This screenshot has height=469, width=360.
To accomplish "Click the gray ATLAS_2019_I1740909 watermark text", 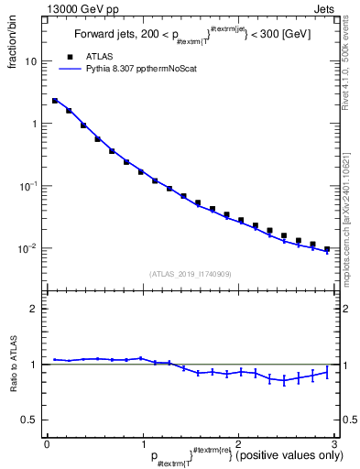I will click(189, 274).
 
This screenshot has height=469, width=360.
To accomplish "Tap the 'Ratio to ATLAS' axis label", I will click(12, 364).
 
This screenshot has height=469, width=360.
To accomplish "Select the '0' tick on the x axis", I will click(46, 443).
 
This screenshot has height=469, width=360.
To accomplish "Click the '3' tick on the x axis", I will click(334, 443).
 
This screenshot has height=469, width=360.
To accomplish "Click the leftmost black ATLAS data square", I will click(55, 101).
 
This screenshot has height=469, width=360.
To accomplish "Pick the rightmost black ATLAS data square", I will click(327, 248).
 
